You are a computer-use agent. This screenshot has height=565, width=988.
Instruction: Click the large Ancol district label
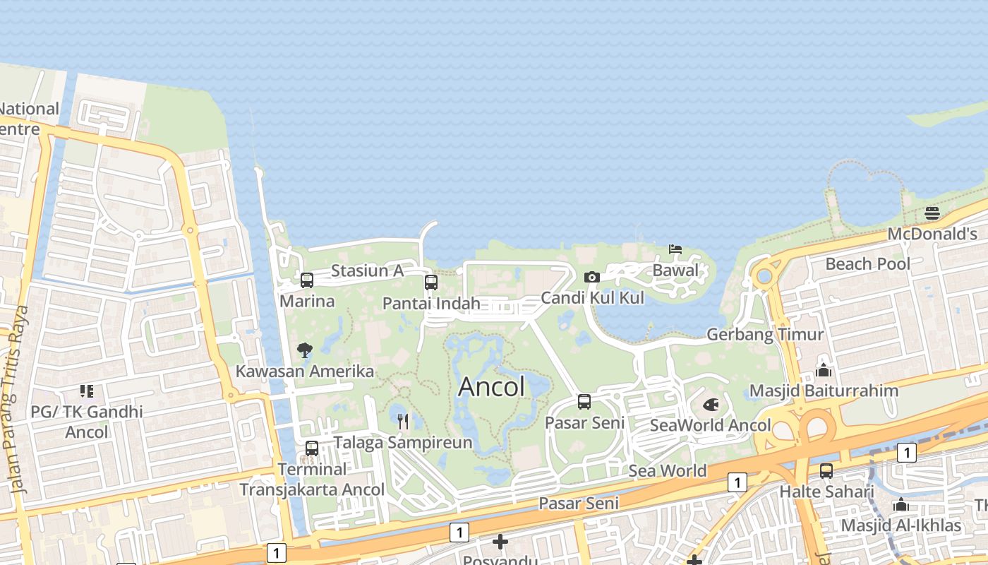tap(492, 386)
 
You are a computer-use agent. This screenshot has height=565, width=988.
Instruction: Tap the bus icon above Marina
tap(307, 280)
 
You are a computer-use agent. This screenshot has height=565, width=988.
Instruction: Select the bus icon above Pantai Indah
tap(431, 282)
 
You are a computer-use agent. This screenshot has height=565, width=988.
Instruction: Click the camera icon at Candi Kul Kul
tap(592, 277)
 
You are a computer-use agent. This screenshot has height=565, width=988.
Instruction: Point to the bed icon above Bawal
tap(675, 249)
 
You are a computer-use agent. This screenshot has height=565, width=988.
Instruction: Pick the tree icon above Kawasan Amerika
tap(305, 350)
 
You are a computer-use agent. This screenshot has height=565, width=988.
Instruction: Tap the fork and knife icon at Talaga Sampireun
tap(403, 422)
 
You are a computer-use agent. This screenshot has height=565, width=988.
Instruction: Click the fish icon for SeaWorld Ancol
tap(711, 405)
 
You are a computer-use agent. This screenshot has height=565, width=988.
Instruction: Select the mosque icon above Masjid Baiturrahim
tap(823, 370)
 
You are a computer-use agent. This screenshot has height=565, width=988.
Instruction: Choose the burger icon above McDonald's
tap(932, 213)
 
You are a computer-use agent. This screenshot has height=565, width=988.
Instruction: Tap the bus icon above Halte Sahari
tap(826, 470)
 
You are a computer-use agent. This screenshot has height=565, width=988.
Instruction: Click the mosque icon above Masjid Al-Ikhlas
tap(900, 504)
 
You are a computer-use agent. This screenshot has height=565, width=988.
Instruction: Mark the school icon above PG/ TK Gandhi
tap(87, 391)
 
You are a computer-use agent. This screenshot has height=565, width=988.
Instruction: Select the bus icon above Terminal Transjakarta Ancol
tap(312, 448)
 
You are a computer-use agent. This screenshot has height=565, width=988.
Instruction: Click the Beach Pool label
tap(868, 264)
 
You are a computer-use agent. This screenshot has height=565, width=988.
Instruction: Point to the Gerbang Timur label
tap(765, 334)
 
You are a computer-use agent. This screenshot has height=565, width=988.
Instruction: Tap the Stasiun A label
tap(367, 270)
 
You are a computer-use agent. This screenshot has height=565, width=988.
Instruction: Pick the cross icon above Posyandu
tap(500, 542)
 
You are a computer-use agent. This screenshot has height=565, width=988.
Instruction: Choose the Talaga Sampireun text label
tap(402, 443)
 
